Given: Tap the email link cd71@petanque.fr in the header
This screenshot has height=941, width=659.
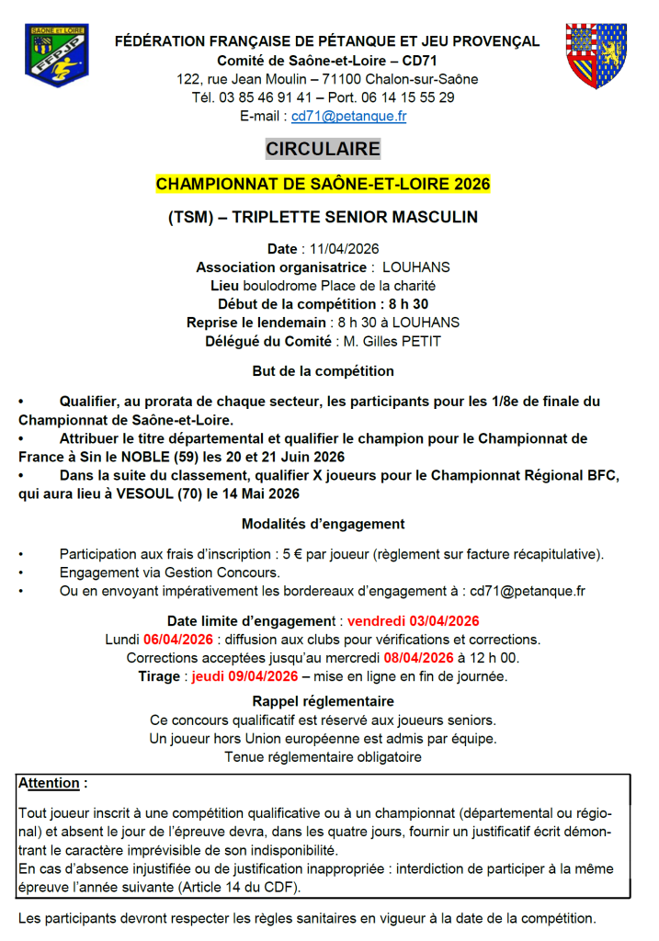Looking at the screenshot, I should [348, 117].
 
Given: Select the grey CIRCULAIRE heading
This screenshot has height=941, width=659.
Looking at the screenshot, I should [323, 149].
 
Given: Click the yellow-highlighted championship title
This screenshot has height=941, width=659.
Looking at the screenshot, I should [323, 184].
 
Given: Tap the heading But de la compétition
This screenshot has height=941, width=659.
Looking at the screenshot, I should [323, 371].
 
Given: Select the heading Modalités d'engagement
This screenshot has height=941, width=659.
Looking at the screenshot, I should [323, 524].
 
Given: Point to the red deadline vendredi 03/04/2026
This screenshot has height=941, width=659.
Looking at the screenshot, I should [413, 620].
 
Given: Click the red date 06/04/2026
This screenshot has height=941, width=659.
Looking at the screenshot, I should [177, 639].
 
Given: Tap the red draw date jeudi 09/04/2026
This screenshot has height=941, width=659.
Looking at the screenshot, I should [245, 675].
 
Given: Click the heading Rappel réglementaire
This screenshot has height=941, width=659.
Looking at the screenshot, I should [323, 701].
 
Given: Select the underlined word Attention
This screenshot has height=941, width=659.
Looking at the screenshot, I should [50, 784].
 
